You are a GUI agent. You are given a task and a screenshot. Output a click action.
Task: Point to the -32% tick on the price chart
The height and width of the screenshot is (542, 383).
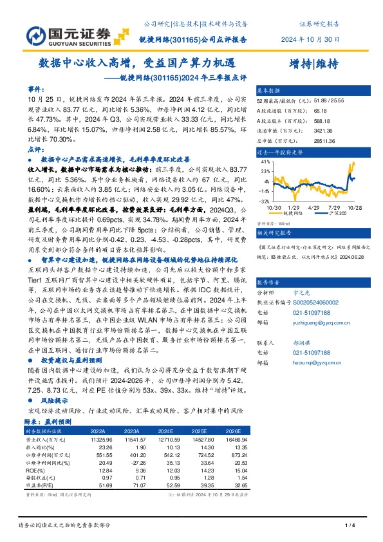[x=265, y=201]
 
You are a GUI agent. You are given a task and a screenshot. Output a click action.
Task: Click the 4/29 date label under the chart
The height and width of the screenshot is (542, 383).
[x=315, y=207]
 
